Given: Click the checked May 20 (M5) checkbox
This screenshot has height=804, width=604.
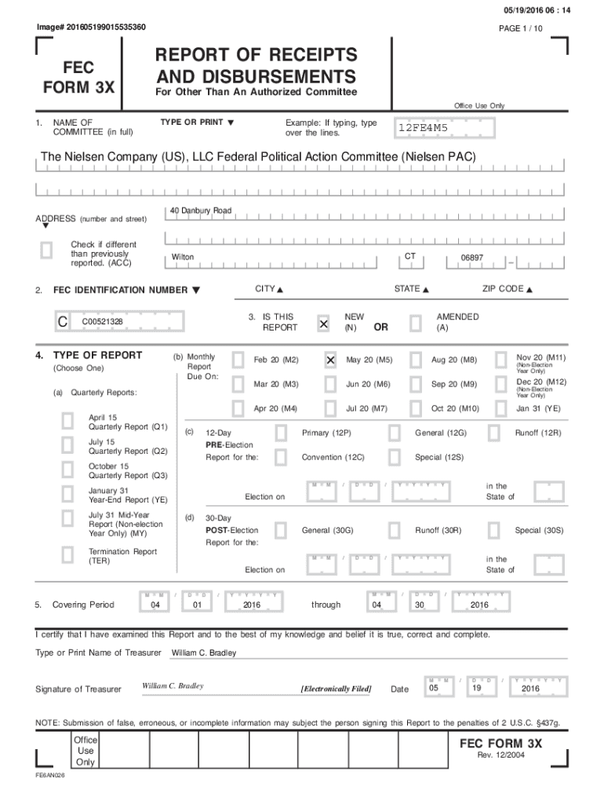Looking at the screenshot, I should click(x=330, y=360).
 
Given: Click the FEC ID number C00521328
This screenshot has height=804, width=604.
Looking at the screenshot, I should click(x=102, y=322).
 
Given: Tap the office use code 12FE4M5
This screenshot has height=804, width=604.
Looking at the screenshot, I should click(x=423, y=127).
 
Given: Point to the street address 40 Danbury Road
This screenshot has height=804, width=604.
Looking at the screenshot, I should click(x=201, y=210).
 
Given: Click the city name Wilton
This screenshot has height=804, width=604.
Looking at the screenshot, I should click(x=183, y=258).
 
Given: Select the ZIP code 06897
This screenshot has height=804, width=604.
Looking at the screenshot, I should click(x=472, y=258).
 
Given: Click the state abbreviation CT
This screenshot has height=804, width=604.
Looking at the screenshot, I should click(x=410, y=257).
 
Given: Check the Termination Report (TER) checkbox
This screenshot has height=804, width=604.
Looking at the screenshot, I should click(x=68, y=556).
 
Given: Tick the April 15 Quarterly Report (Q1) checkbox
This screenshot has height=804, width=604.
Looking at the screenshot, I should click(x=68, y=422).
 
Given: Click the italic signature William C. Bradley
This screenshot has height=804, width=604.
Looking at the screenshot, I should click(x=173, y=686).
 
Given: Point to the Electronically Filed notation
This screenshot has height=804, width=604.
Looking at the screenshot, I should click(x=336, y=689).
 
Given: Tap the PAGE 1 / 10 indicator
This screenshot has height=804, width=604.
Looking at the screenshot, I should click(x=521, y=28).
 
